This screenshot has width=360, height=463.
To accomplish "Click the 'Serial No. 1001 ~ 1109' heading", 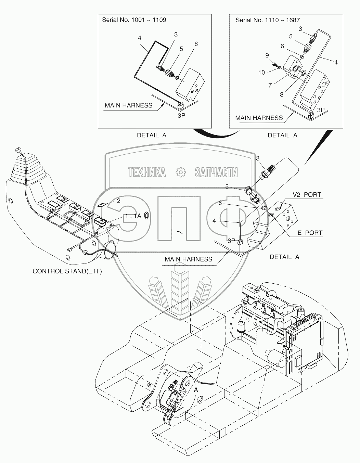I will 134,20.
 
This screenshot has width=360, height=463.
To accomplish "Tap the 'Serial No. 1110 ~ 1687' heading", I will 268,20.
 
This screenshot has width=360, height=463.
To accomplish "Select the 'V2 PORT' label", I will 307,195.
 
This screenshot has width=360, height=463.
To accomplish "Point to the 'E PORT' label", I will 310,233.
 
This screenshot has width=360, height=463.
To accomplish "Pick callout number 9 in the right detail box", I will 267,55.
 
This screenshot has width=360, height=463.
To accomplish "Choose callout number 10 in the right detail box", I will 261,73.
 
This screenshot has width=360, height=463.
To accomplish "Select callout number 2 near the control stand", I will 118,201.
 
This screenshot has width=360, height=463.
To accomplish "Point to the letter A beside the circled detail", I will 196,390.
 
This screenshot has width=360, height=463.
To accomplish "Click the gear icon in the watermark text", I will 180,172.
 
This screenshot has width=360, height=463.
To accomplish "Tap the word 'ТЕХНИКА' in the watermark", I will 147,172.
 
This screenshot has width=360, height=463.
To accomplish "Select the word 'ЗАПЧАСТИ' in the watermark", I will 216,172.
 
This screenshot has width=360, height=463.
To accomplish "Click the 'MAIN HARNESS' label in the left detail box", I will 128,105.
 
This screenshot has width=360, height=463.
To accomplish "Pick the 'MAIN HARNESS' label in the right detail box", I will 259,118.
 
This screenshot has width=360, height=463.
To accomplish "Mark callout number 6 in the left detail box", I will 196,44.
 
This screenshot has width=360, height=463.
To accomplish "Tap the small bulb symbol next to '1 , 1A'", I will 146,216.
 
